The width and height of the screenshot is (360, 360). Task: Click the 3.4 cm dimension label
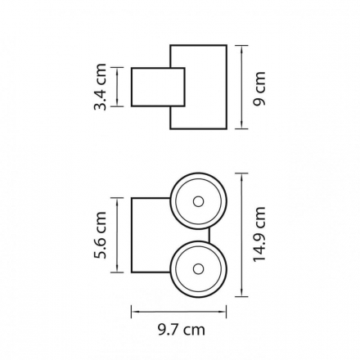tap(100, 87)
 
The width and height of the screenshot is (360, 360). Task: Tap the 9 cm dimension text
tap(259, 88)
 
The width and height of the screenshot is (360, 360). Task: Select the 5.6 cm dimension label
tap(100, 235)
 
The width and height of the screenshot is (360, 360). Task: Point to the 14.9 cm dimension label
tap(259, 234)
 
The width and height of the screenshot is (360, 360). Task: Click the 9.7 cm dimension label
tap(182, 330)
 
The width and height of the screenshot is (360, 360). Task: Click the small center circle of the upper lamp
tap(198, 202)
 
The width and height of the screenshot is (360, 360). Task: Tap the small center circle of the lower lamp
tap(198, 269)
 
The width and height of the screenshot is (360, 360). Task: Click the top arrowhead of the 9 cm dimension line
tap(242, 49)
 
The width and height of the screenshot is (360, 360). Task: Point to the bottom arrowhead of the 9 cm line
tap(242, 124)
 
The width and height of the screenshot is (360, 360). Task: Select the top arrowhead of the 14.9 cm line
tap(242, 178)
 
